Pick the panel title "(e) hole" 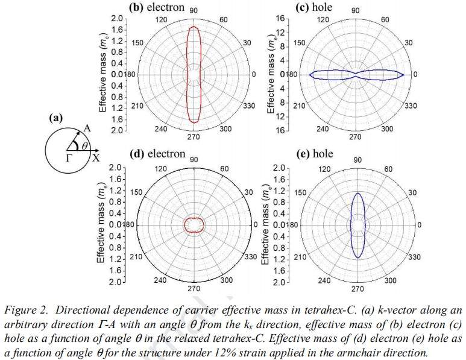point(315,154)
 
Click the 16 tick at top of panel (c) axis point(279,19)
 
